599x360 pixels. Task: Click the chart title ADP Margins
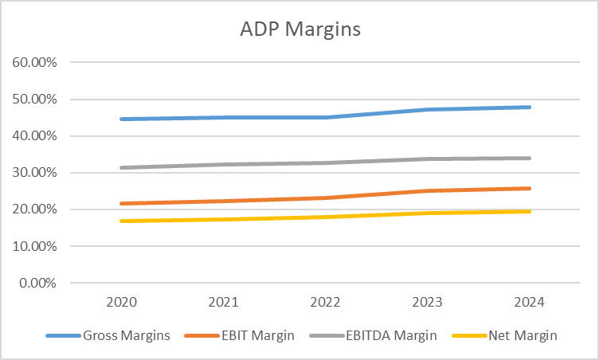coord(300,30)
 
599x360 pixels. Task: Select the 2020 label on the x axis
coord(121,303)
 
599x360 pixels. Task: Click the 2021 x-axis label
coord(223,303)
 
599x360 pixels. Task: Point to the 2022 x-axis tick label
coord(325,303)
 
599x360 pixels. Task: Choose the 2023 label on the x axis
coord(427,303)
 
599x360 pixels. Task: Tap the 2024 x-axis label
coord(529,303)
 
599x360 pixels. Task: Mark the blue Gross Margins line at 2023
coord(427,110)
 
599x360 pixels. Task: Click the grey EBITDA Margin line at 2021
coord(223,165)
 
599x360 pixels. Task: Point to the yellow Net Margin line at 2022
coord(325,217)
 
